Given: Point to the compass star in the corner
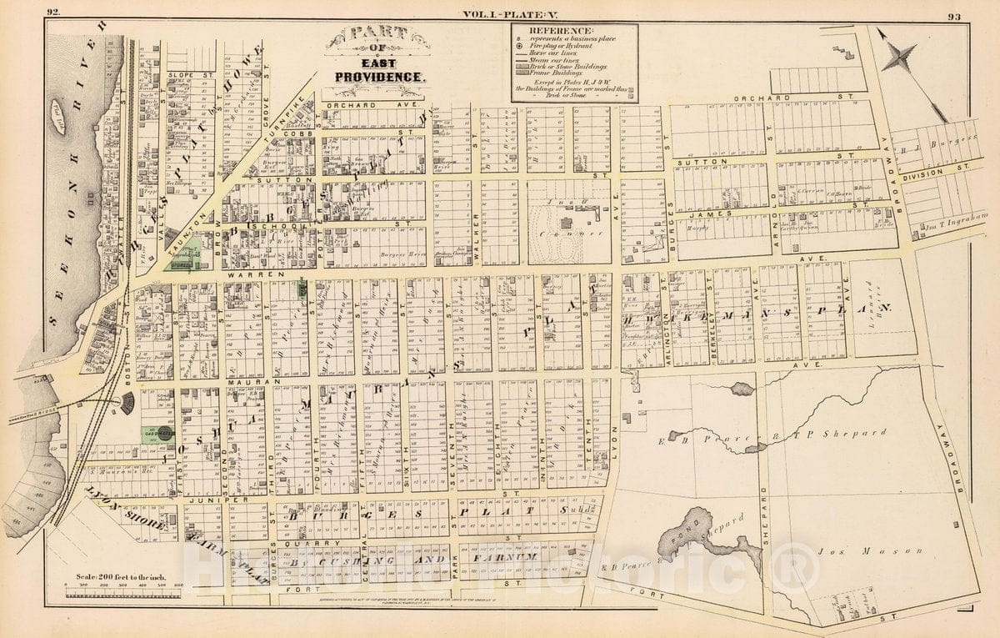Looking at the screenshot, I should tap(901, 58).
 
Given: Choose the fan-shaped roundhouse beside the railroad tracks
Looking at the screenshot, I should tap(127, 404).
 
